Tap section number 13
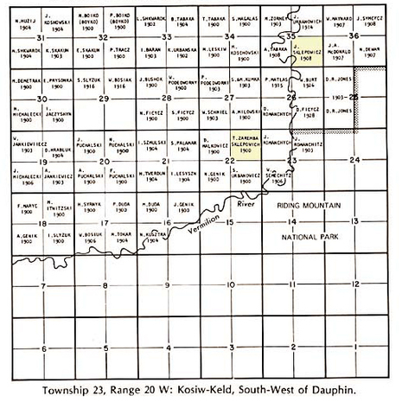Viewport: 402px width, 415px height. click(354, 222)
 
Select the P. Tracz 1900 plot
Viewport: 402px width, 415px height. click(120, 51)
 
